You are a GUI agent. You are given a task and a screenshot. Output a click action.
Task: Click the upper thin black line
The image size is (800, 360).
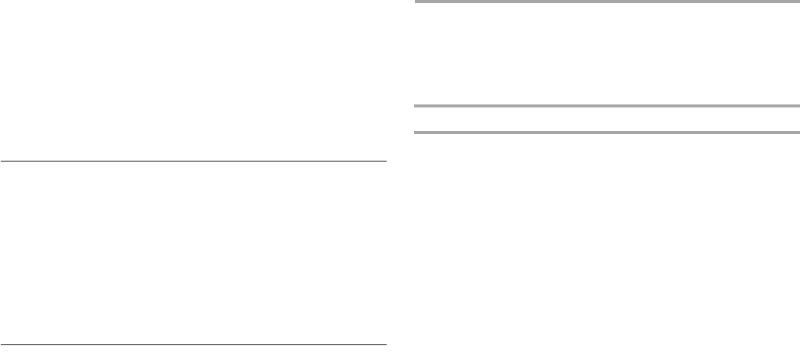click(x=193, y=161)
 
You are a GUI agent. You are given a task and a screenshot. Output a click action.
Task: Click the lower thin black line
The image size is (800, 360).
click(x=193, y=344)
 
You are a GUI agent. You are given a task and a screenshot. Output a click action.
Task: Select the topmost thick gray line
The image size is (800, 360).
click(x=607, y=1)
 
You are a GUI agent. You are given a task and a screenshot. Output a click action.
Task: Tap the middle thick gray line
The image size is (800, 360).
click(x=607, y=107)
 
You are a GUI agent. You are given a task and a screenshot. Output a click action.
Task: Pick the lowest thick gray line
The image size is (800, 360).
click(x=607, y=133)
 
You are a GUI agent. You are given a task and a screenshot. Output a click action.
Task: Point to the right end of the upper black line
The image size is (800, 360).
click(x=385, y=161)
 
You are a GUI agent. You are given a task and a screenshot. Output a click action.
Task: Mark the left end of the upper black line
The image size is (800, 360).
click(x=1, y=161)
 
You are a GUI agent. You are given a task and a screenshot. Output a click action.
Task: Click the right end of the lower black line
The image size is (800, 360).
click(x=385, y=344)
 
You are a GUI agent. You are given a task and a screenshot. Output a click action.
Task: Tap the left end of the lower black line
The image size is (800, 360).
click(x=1, y=344)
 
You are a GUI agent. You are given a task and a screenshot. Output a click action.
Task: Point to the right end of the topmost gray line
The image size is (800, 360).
click(x=798, y=1)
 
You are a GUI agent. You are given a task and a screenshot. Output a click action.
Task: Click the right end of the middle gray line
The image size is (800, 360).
click(x=798, y=107)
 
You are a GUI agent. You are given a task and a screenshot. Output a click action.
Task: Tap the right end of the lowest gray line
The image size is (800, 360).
click(x=798, y=133)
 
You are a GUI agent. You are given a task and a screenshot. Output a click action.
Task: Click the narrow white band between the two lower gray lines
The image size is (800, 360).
click(x=607, y=120)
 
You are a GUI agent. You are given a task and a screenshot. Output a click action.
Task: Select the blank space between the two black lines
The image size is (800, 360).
click(x=193, y=253)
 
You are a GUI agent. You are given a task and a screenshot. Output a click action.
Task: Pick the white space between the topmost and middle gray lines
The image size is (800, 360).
click(x=607, y=54)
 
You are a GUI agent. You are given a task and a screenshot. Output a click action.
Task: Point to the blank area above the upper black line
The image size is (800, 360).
click(x=193, y=80)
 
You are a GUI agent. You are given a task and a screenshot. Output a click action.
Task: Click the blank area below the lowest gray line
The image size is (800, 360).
click(x=607, y=244)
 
